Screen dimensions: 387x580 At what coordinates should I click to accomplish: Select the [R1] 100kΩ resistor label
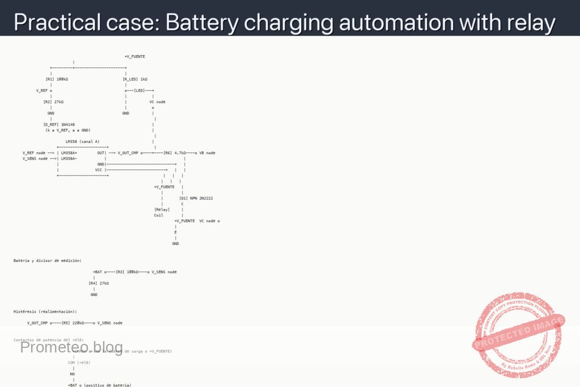(x=57, y=79)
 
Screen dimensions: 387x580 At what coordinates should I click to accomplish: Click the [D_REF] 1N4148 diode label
(x=59, y=125)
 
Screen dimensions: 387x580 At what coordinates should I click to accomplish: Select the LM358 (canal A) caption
(x=83, y=142)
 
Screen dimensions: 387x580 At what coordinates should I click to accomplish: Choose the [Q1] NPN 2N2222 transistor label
(x=196, y=198)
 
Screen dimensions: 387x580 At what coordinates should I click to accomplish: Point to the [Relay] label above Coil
(x=162, y=210)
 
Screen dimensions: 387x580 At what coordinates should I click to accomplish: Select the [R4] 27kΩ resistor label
(x=99, y=283)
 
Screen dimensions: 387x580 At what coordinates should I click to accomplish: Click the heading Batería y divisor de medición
(x=48, y=261)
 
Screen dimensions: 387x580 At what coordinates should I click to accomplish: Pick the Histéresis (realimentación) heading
(x=45, y=312)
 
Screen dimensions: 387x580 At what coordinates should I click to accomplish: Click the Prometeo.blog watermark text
(x=71, y=347)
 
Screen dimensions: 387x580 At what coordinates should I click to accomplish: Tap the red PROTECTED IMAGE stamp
(x=518, y=334)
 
